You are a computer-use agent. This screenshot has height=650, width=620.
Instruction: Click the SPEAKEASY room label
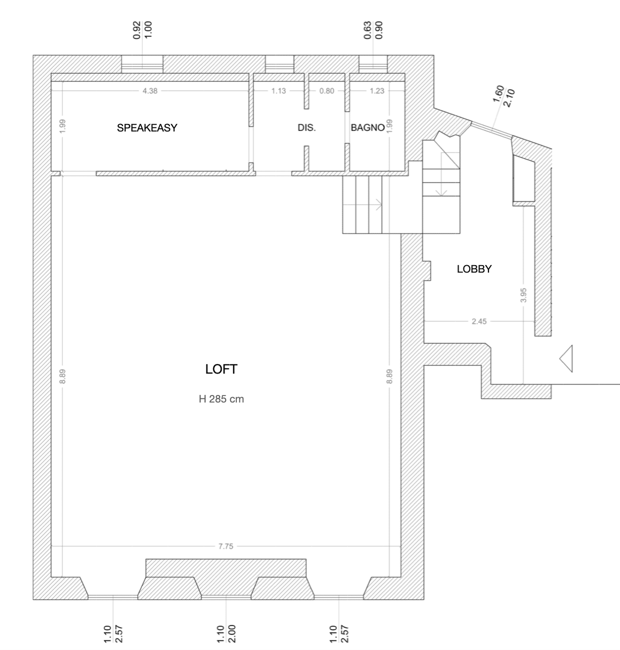(147, 128)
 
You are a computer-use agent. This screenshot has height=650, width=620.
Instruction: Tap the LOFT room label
(221, 369)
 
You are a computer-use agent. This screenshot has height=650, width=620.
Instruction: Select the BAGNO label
(368, 128)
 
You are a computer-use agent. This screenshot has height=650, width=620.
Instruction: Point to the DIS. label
(307, 128)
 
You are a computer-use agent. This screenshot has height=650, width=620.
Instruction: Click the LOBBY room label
(474, 269)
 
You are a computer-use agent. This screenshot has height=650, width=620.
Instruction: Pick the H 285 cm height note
(221, 399)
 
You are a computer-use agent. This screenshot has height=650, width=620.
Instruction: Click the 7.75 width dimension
(226, 546)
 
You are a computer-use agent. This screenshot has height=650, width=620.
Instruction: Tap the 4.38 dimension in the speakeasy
(150, 91)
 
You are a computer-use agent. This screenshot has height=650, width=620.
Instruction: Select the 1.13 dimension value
(278, 91)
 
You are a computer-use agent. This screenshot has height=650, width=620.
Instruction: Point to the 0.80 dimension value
(327, 91)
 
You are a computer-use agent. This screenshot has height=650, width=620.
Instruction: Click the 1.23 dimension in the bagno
(377, 91)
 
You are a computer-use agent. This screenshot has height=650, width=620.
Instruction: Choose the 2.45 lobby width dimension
(479, 321)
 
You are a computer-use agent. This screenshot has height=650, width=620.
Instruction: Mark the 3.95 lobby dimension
(523, 295)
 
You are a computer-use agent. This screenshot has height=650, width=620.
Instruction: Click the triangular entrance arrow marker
(566, 359)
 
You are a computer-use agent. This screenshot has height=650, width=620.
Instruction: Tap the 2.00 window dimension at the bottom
(232, 633)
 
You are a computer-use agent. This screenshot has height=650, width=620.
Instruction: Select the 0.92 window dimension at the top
(137, 30)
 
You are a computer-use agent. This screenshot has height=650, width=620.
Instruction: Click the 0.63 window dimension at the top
(367, 30)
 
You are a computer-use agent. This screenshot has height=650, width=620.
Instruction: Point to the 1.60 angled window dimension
(498, 94)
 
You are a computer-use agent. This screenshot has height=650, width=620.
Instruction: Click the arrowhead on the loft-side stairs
(379, 205)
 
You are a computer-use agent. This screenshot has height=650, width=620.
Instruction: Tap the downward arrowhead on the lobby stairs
(441, 193)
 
